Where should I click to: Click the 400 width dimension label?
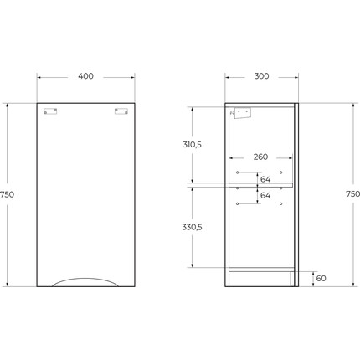(x=85, y=76)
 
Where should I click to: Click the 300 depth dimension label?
(x=261, y=76)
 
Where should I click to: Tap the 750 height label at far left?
(x=7, y=194)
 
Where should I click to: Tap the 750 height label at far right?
(x=352, y=193)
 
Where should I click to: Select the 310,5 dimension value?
(x=192, y=145)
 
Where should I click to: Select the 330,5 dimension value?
(x=192, y=227)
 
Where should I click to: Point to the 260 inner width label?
(x=260, y=157)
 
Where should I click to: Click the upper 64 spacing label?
(x=265, y=179)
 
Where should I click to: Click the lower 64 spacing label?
(x=265, y=195)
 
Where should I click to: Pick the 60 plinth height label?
(x=321, y=278)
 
